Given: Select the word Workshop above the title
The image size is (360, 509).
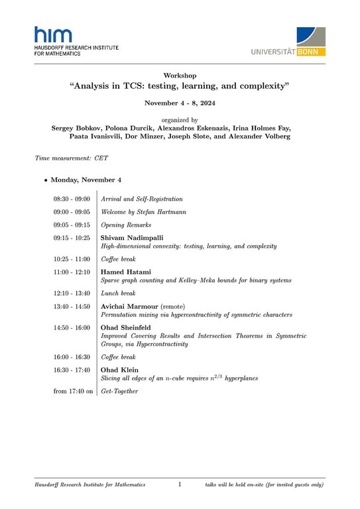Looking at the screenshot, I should (180, 76).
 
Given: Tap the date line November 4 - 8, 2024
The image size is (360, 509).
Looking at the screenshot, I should (180, 103).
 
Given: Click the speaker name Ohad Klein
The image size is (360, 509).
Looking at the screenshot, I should (119, 369).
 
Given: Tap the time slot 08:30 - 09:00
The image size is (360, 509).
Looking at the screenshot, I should (72, 199).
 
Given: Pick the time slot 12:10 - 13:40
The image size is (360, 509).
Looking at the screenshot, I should (72, 293).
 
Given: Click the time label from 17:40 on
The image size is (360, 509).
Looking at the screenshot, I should (74, 392).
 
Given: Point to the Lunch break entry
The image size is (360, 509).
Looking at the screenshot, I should (118, 293).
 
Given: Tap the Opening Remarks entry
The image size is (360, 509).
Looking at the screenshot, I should (126, 225).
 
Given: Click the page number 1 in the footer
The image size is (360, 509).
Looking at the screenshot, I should (180, 485).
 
